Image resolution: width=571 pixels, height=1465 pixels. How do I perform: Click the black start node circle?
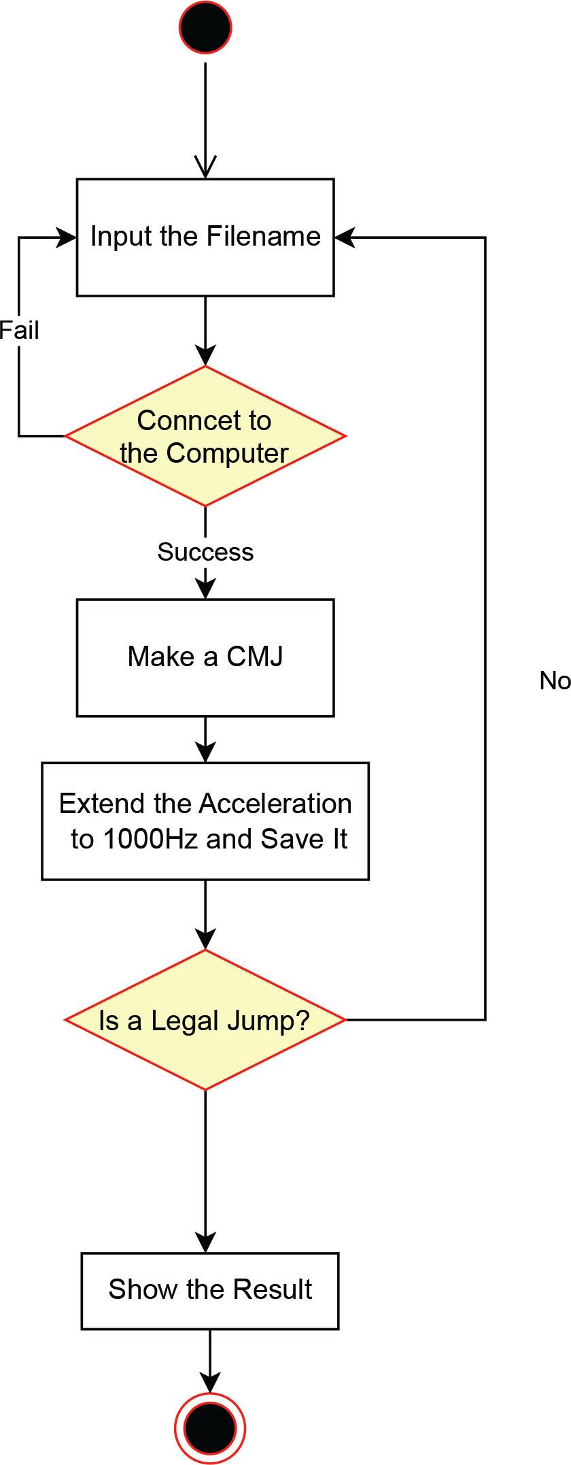(205, 28)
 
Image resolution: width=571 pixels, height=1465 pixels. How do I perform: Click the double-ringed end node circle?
(210, 1429)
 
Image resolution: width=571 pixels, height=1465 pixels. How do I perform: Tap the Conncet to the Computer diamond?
(205, 436)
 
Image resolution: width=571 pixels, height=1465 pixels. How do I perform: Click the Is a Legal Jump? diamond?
(205, 1020)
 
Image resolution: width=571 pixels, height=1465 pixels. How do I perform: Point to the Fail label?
(19, 331)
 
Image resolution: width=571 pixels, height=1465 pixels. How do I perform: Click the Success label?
(205, 552)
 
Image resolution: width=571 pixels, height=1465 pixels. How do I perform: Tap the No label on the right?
(554, 680)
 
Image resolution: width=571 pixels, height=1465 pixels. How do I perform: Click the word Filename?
(263, 237)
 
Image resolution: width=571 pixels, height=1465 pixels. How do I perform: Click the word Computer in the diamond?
(227, 454)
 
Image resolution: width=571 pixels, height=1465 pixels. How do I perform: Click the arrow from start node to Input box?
(205, 116)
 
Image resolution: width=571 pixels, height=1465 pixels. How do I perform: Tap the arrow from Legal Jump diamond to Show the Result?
(205, 1170)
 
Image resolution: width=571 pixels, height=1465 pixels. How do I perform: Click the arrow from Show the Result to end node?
(210, 1361)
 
